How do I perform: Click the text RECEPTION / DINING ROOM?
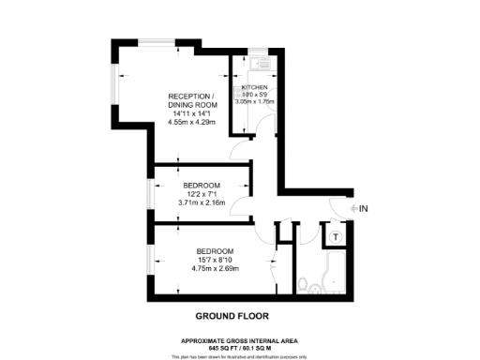[191, 101]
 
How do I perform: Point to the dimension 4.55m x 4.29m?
[190, 121]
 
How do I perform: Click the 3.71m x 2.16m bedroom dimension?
[202, 202]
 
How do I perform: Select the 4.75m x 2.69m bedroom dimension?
[216, 269]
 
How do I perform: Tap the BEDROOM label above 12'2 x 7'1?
[202, 185]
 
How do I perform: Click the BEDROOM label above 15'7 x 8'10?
[216, 251]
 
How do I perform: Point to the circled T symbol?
[336, 235]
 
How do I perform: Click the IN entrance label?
[365, 208]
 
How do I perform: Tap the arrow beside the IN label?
[352, 208]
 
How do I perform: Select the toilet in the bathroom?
[305, 285]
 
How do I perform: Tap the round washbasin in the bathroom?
[328, 285]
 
